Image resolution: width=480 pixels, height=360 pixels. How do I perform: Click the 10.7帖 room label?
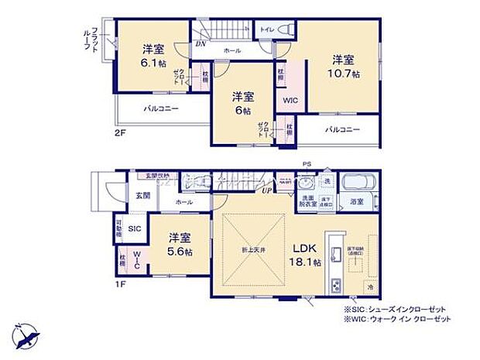[345, 67]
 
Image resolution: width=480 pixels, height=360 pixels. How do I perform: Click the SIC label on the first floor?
[134, 229]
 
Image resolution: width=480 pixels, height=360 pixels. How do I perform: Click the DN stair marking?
[200, 44]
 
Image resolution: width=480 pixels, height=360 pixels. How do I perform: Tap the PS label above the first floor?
[307, 163]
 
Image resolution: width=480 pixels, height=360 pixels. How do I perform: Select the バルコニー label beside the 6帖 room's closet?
[342, 129]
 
